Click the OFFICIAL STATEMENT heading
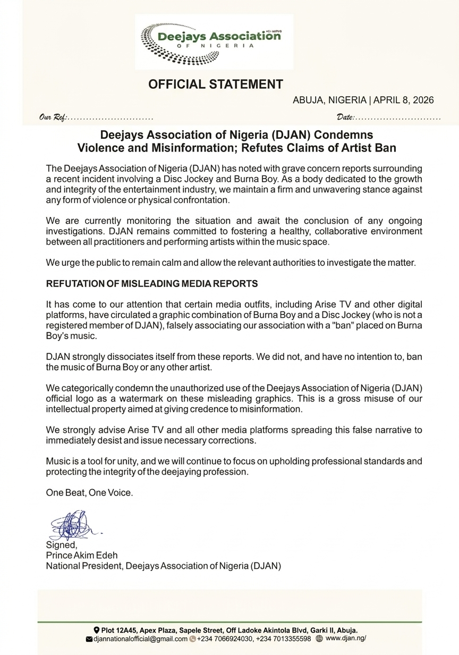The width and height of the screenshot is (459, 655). tap(215, 84)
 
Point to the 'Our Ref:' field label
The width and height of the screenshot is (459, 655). tap(53, 117)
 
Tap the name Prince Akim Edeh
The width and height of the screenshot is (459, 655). tap(81, 555)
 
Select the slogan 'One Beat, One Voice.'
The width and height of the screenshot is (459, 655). tap(89, 492)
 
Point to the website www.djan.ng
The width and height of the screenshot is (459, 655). tap(346, 639)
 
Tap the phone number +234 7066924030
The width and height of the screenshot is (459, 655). tap(225, 639)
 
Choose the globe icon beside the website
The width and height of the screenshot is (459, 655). tap(319, 639)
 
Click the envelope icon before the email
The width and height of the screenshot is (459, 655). tap(89, 639)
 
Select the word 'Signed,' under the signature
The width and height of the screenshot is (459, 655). tap(61, 545)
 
